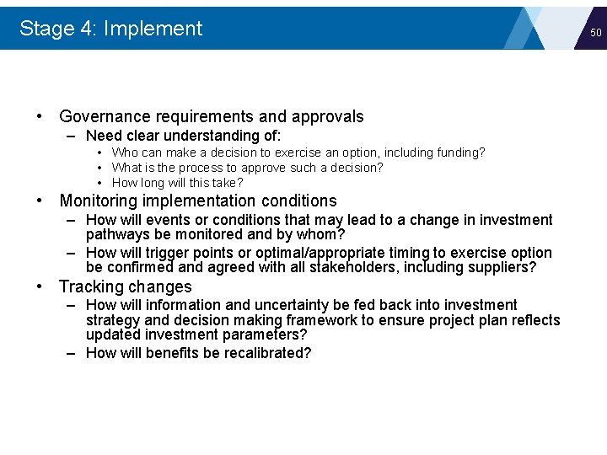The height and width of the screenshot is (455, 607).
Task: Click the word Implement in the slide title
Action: pyautogui.click(x=153, y=29)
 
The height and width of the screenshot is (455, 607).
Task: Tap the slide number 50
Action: pyautogui.click(x=595, y=33)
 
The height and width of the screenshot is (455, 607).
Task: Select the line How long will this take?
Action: pyautogui.click(x=177, y=183)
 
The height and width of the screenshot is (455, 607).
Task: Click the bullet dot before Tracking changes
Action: pyautogui.click(x=40, y=286)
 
